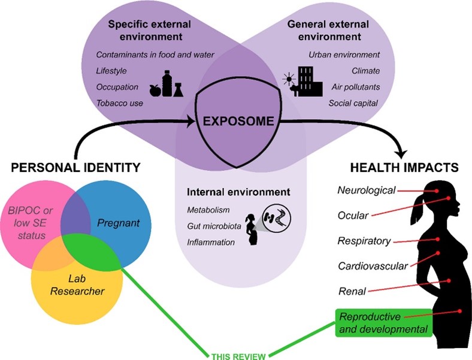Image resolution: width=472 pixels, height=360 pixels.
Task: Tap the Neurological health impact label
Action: click(367, 191)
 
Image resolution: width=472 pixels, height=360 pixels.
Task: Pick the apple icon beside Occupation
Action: click(155, 90)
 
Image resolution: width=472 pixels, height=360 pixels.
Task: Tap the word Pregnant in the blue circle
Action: click(119, 223)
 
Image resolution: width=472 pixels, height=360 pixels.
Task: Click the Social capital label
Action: click(353, 103)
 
